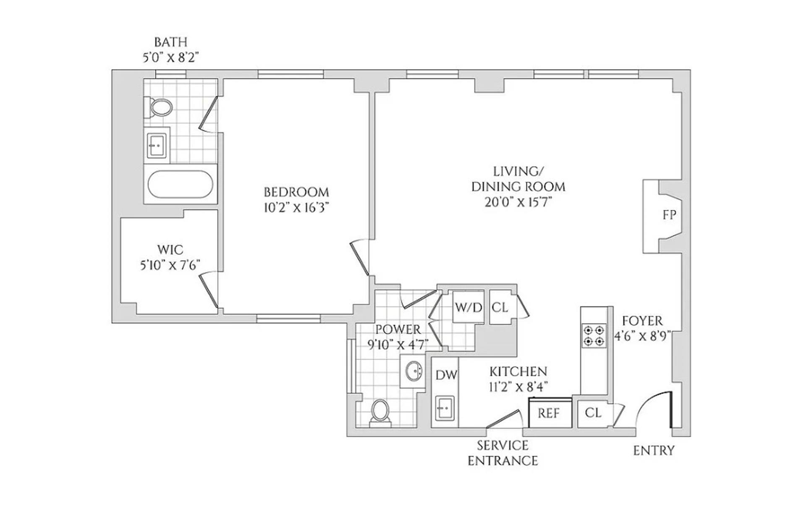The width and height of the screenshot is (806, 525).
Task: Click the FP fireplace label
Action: click(x=669, y=215)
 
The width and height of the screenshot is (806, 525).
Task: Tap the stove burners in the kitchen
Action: click(x=594, y=335)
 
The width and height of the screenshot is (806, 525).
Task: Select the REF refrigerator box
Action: click(x=550, y=413)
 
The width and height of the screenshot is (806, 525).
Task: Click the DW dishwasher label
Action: click(x=446, y=375)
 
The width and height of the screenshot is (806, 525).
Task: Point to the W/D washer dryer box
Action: click(x=468, y=308)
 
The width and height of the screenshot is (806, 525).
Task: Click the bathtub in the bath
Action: click(x=181, y=184)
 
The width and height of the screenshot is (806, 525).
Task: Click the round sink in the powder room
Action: click(x=413, y=371)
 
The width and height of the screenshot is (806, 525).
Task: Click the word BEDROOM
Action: click(x=296, y=192)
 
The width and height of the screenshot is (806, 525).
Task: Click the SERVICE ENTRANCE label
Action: click(x=502, y=453)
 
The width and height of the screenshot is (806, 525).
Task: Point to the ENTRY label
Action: click(x=654, y=451)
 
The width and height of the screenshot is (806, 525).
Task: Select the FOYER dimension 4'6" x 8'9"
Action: click(x=642, y=336)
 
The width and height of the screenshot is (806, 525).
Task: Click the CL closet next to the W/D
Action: click(x=500, y=308)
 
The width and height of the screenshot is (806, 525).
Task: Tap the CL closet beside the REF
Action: click(x=593, y=413)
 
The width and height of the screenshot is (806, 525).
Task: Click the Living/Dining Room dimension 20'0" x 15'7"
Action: click(x=518, y=202)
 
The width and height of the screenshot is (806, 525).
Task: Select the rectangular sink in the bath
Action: click(x=157, y=145)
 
